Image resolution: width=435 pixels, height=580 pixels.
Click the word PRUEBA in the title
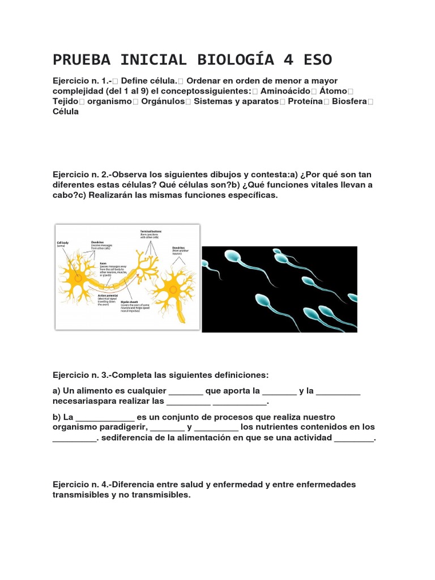79,59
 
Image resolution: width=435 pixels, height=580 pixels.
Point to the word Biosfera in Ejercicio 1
346,101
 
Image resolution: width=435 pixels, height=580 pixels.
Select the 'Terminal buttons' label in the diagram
151,232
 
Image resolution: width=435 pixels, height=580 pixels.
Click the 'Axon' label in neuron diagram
103,263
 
